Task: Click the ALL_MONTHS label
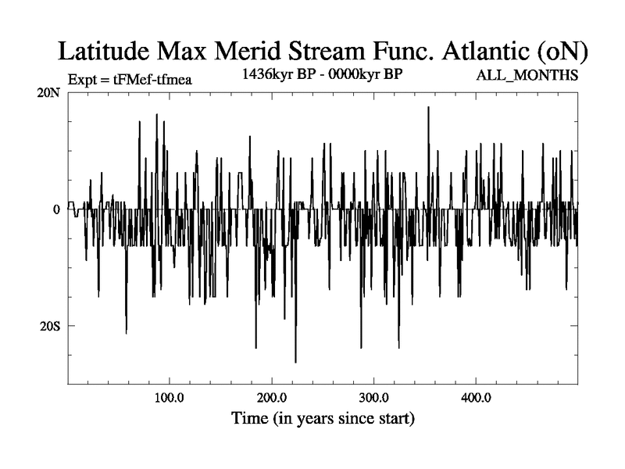coord(527,76)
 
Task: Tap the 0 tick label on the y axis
coord(57,209)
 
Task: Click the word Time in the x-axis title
coord(249,418)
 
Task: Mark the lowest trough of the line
coord(295,362)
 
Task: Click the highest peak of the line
coord(428,107)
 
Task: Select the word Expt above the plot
coord(84,79)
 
